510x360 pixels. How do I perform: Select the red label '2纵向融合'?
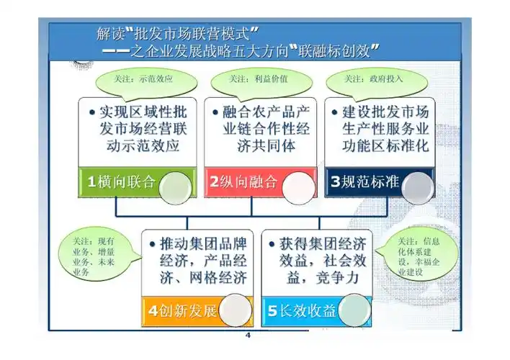tap(243, 182)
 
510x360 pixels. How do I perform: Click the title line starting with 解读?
tap(177, 33)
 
